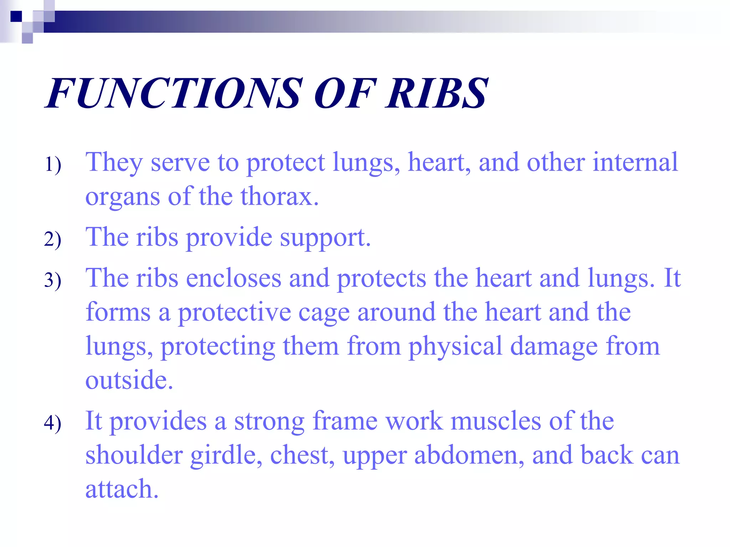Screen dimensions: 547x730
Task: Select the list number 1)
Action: [53, 165]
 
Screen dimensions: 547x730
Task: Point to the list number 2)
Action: [53, 239]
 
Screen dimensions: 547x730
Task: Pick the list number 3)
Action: [53, 280]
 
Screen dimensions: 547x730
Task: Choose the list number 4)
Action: [53, 423]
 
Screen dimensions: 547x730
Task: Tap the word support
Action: [325, 238]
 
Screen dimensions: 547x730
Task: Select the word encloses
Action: [233, 278]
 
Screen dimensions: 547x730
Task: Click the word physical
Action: [455, 347]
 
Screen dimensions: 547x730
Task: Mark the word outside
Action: [129, 380]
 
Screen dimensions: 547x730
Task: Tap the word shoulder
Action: [134, 455]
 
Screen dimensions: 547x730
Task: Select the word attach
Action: [122, 489]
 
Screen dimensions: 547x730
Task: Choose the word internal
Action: [635, 163]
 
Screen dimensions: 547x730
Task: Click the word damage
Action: [554, 347]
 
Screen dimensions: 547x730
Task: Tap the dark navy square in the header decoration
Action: [16, 16]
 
